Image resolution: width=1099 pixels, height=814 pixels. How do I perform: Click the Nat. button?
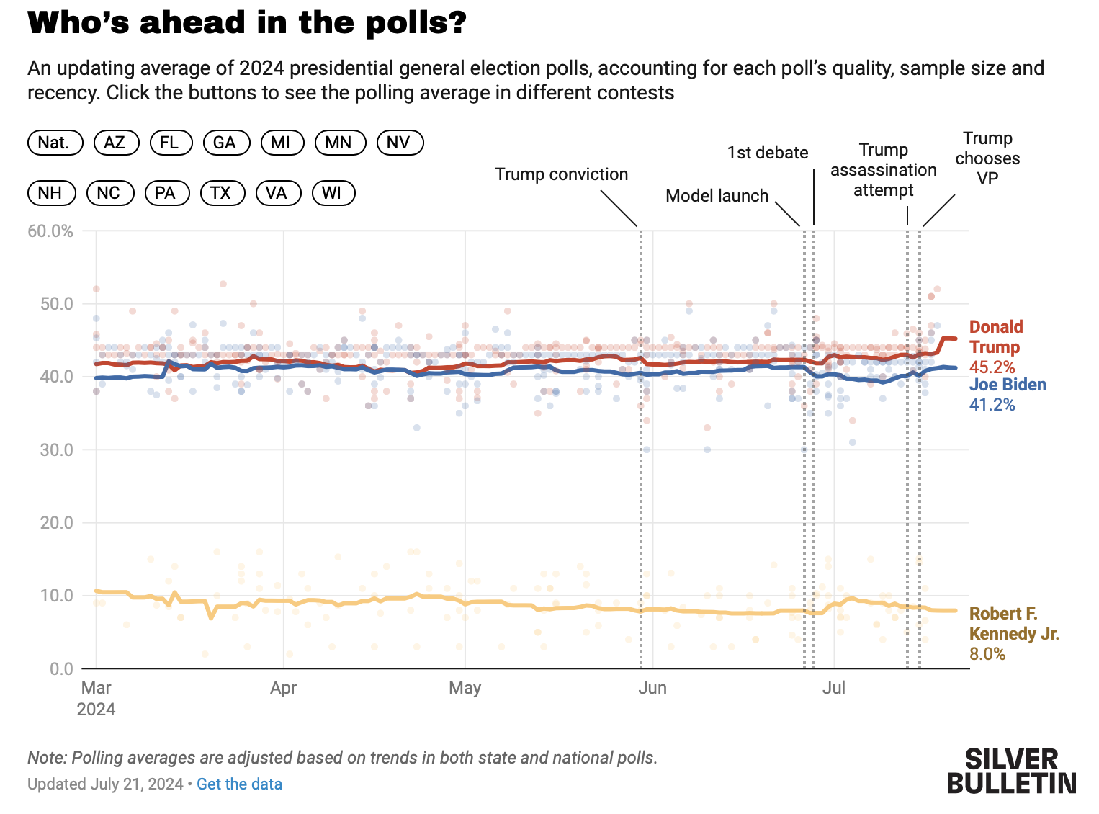55,143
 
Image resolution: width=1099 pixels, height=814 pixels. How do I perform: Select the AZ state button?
115,143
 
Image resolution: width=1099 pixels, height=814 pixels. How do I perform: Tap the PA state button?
166,193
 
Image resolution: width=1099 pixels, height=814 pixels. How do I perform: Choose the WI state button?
333,193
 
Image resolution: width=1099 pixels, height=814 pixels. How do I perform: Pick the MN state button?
339,143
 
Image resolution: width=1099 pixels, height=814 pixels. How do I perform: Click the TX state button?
222,193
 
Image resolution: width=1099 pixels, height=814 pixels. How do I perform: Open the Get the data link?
239,784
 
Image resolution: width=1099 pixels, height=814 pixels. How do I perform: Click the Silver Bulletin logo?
1011,771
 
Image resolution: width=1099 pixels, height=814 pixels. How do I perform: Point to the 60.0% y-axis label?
50,231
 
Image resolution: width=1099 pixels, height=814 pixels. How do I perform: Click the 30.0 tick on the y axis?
57,450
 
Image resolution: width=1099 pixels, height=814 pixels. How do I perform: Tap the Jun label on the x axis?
652,688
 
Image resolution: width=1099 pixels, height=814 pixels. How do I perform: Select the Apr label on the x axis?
284,688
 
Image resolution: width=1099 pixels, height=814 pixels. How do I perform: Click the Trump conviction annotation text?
561,174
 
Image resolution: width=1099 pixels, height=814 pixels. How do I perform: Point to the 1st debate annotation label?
768,153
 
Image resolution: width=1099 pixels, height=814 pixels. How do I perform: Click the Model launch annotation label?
717,196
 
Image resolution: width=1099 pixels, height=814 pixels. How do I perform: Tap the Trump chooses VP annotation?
987,158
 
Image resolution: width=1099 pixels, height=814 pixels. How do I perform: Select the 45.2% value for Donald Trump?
992,367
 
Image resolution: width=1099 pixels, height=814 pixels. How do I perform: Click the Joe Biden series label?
1008,385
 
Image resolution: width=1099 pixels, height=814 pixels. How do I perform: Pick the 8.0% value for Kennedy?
987,654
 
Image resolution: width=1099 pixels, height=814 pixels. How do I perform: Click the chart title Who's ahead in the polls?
247,23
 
